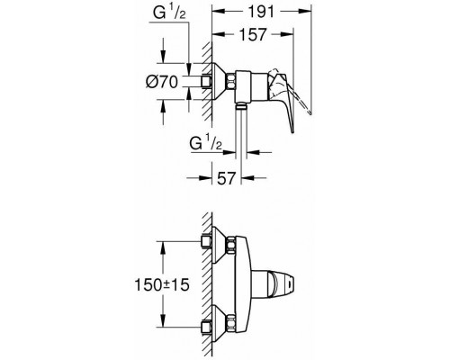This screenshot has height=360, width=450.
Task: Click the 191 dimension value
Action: pos(261,13)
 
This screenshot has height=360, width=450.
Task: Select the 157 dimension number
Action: pos(253,35)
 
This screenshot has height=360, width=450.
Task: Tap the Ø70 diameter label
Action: pos(162,82)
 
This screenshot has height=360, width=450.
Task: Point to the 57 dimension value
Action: pos(226,178)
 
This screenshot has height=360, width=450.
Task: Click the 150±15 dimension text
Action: pos(162,284)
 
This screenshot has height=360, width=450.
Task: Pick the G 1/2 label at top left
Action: pos(169,13)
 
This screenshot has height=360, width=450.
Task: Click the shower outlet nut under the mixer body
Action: pos(240,105)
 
